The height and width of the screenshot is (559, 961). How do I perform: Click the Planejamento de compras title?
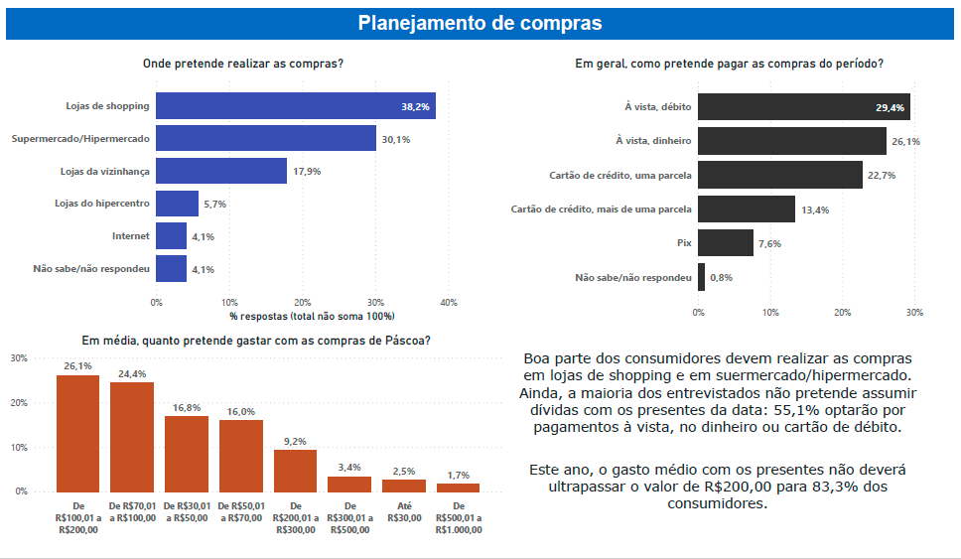point(480,23)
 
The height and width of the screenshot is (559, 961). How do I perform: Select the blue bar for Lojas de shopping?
point(296,105)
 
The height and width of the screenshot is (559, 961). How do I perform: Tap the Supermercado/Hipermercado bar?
point(266,138)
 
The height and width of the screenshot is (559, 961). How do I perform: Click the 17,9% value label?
point(305,172)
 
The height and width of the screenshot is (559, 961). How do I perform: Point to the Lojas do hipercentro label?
point(102,204)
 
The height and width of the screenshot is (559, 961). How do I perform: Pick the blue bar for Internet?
point(172,236)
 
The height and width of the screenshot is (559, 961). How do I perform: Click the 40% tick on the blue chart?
point(448,302)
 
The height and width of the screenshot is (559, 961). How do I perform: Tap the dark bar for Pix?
point(726,243)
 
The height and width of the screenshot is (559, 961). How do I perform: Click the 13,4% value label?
point(814,210)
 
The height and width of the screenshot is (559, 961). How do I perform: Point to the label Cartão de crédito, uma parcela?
point(620,176)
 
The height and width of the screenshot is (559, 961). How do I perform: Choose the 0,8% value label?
point(721,278)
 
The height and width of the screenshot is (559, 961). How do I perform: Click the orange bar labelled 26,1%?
point(77,433)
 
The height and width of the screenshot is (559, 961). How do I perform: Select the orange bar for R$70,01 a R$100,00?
point(132,437)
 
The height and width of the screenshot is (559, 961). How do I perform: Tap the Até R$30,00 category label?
point(404,511)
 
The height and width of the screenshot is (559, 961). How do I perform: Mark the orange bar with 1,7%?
point(458,488)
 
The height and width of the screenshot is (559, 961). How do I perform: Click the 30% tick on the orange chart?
point(18,358)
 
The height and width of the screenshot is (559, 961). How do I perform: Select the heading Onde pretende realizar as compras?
point(243,64)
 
